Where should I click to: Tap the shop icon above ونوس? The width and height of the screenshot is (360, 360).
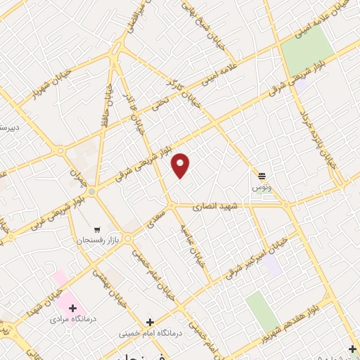[x=262, y=176]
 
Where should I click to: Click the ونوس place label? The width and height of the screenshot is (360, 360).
[x=261, y=188]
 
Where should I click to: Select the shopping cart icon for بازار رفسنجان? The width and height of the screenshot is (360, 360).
[x=97, y=229]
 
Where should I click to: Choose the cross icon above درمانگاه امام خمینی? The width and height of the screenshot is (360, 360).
[x=148, y=322]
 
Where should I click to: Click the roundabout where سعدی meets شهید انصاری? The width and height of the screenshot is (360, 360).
[x=171, y=205]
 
